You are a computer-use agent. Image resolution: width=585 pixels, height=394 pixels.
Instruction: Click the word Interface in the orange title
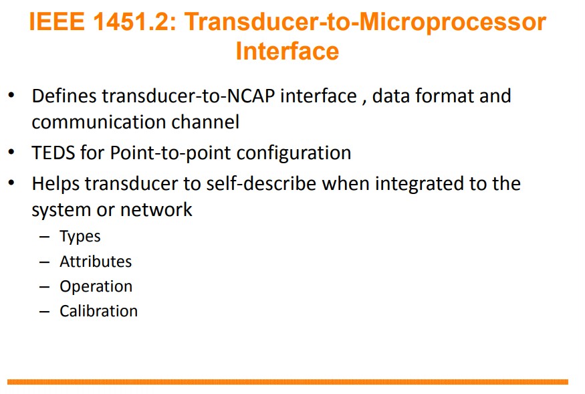[287, 51]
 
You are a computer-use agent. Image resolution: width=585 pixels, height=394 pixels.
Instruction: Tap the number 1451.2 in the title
[134, 21]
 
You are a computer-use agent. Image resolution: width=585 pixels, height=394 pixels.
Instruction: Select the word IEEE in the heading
[57, 21]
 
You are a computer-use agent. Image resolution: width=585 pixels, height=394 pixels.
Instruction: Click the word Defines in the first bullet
[64, 96]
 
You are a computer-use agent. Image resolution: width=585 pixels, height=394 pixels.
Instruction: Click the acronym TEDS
[53, 153]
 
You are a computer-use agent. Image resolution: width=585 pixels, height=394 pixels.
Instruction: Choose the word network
[156, 209]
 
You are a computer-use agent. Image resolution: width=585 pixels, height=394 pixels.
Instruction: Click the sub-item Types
[80, 237]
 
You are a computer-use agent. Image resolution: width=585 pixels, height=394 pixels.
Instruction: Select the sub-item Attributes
[96, 262]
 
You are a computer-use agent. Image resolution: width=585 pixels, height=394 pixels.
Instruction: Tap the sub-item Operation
[96, 287]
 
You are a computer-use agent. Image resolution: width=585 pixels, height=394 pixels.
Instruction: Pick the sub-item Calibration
[99, 311]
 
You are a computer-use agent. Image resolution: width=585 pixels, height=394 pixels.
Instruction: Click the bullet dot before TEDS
[11, 152]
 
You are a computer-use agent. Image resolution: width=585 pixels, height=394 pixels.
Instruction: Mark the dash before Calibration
[44, 312]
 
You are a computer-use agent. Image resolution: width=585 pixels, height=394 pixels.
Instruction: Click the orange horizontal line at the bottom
[287, 382]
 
